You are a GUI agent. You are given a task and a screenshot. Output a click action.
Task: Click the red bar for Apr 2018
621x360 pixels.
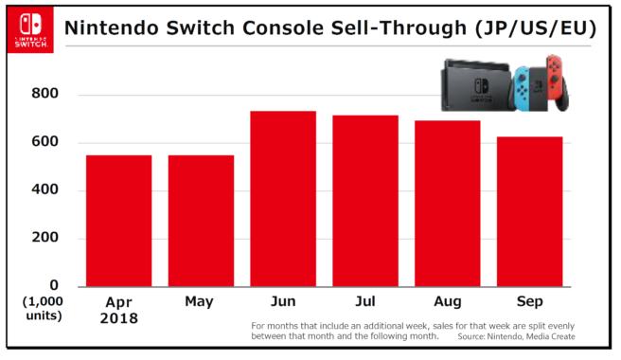coord(118,220)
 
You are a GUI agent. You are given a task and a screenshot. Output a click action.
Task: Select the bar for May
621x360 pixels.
coord(201,220)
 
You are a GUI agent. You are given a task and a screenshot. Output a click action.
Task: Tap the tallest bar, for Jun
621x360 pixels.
coord(283,198)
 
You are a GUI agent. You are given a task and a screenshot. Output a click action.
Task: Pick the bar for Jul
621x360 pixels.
coord(365,200)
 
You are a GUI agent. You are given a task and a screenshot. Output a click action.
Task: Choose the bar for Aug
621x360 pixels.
coord(447,203)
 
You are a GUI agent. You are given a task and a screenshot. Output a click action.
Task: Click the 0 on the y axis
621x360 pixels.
coord(55,285)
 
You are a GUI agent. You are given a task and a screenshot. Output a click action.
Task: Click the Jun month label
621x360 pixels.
coord(283,301)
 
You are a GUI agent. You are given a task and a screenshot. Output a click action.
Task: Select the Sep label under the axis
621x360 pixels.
coord(530,301)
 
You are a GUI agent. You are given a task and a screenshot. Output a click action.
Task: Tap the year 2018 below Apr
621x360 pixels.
coord(118,319)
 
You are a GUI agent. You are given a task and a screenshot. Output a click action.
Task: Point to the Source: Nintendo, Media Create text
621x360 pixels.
coord(515,337)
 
